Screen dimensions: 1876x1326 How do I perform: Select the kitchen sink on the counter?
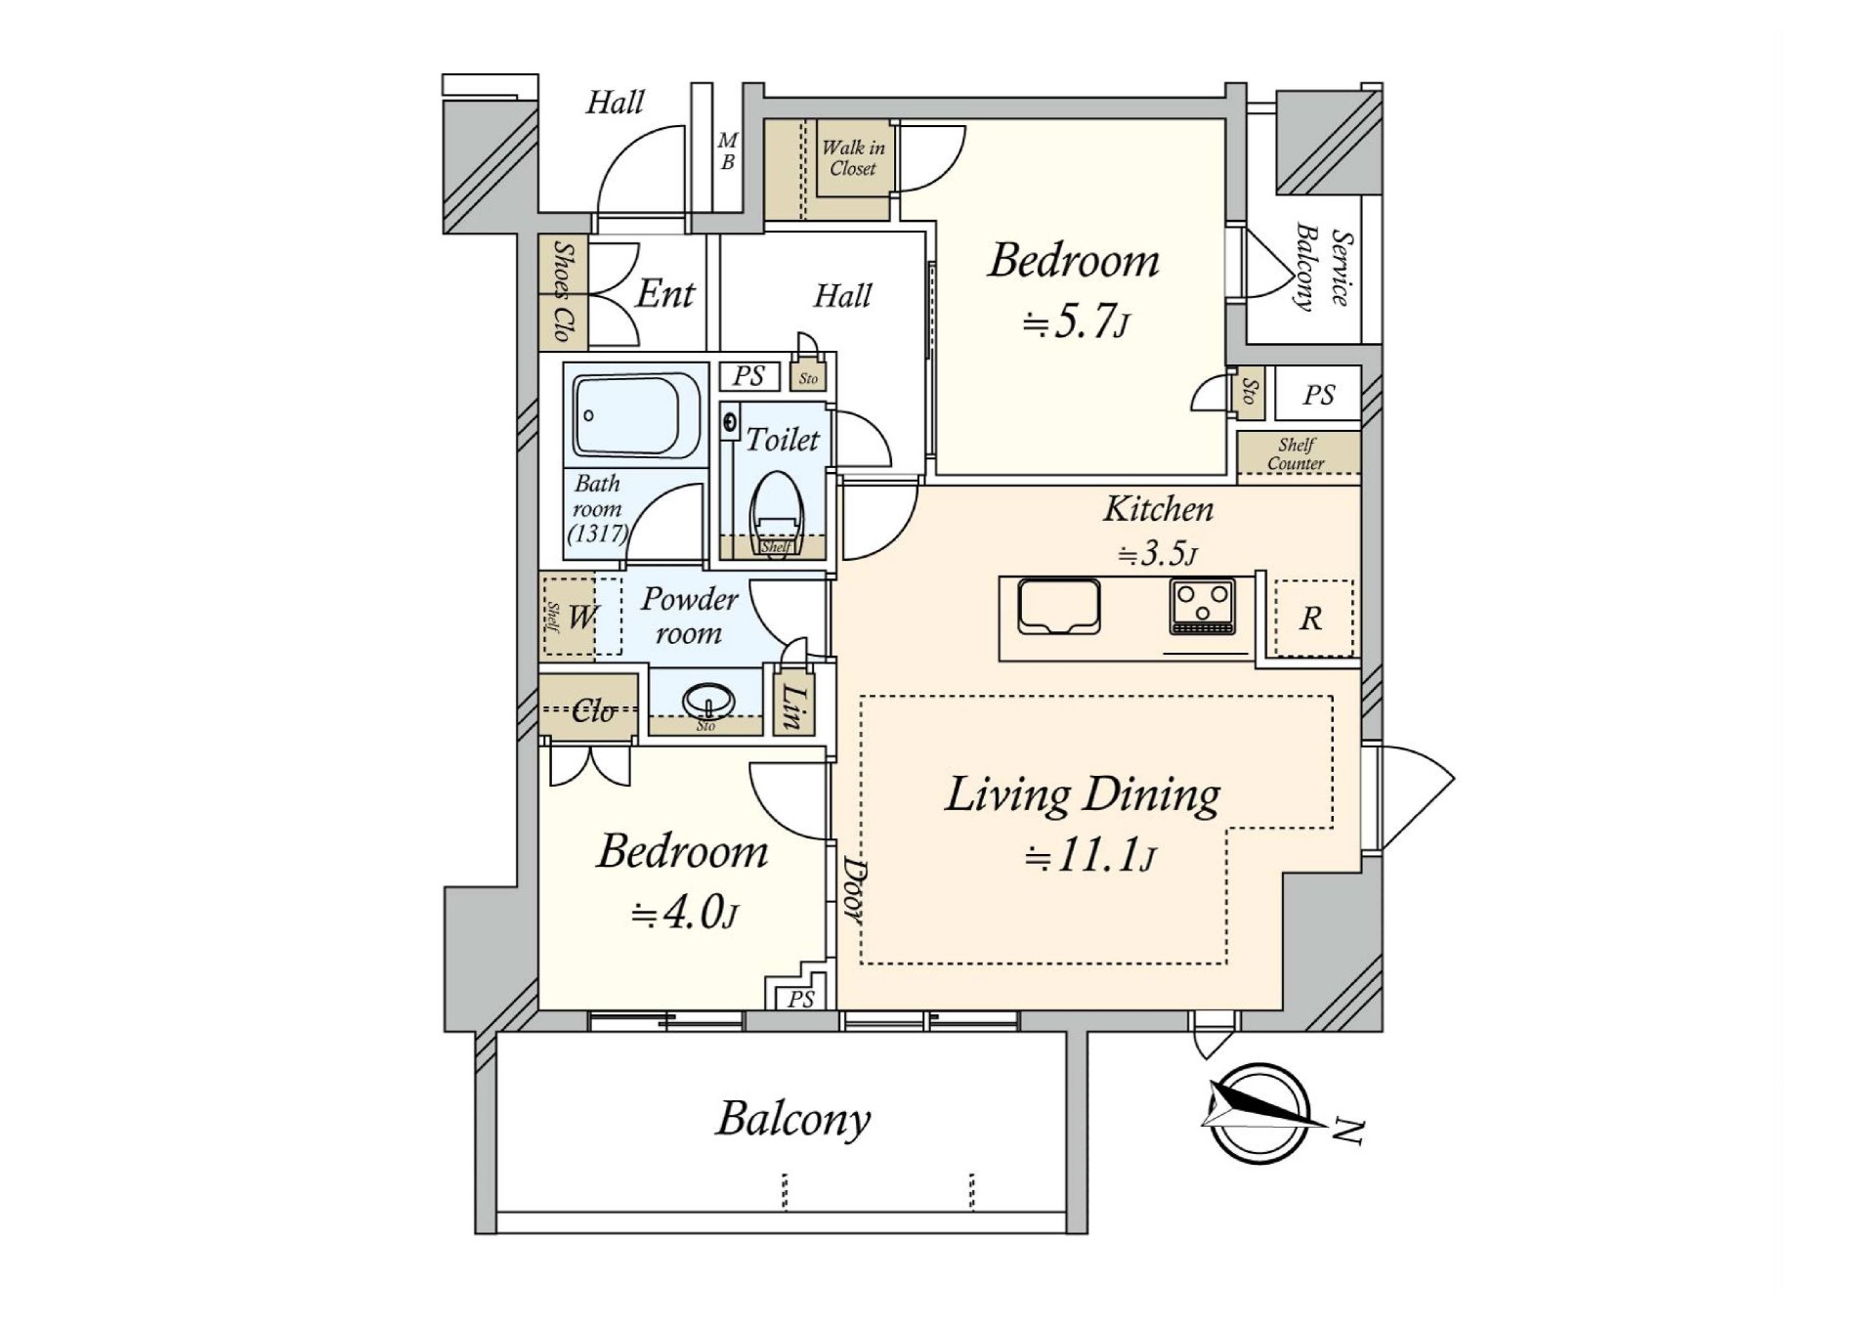point(1058,607)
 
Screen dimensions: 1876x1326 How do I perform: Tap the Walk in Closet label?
point(853,158)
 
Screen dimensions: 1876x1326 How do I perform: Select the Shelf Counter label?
point(1297,454)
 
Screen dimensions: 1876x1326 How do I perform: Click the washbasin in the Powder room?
point(707,700)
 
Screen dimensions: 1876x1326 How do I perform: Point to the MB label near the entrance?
point(728,152)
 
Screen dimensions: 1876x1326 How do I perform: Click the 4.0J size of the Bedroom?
point(684,914)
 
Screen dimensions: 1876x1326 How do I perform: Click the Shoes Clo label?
point(563,291)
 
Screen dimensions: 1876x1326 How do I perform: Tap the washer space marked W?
point(582,617)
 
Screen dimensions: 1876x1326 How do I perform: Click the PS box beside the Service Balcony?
point(1318,395)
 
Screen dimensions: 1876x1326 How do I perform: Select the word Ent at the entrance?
point(664,293)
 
